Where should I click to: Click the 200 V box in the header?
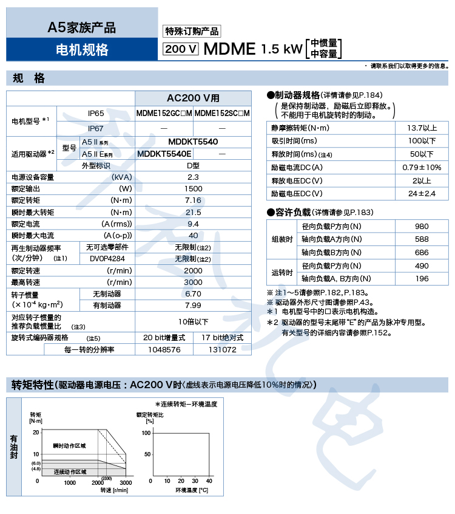tap(181, 49)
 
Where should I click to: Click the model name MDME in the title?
tap(230, 49)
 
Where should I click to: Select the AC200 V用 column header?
tap(193, 98)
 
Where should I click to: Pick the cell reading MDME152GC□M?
tap(164, 113)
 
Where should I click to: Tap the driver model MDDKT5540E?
tap(164, 154)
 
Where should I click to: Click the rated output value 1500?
tap(193, 188)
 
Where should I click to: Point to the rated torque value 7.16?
tap(193, 200)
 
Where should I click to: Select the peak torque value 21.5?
tap(193, 212)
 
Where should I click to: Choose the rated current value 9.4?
tap(193, 224)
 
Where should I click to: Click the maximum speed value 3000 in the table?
tap(193, 282)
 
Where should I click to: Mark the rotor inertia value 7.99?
tap(193, 305)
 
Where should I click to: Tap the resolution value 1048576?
tap(164, 349)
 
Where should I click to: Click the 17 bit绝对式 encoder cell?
tap(222, 337)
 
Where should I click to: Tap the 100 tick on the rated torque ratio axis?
tap(146, 433)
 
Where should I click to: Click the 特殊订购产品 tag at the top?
tap(192, 32)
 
